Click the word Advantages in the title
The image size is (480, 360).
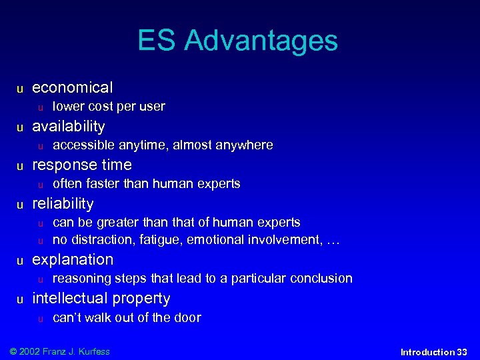tap(261, 41)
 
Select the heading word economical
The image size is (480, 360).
tap(73, 87)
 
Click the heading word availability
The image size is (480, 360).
tap(69, 126)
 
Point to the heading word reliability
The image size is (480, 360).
tap(63, 203)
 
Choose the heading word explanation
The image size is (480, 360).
tap(73, 259)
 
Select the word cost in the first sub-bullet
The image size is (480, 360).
tap(101, 107)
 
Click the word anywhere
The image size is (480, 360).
tap(244, 145)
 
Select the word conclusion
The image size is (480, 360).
tap(321, 279)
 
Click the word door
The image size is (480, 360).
tap(188, 317)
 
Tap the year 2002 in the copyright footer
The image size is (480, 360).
tap(31, 351)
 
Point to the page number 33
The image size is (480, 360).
tap(461, 352)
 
